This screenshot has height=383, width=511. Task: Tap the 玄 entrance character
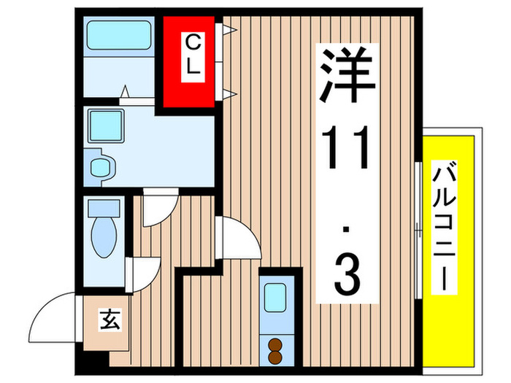pyautogui.click(x=109, y=319)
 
